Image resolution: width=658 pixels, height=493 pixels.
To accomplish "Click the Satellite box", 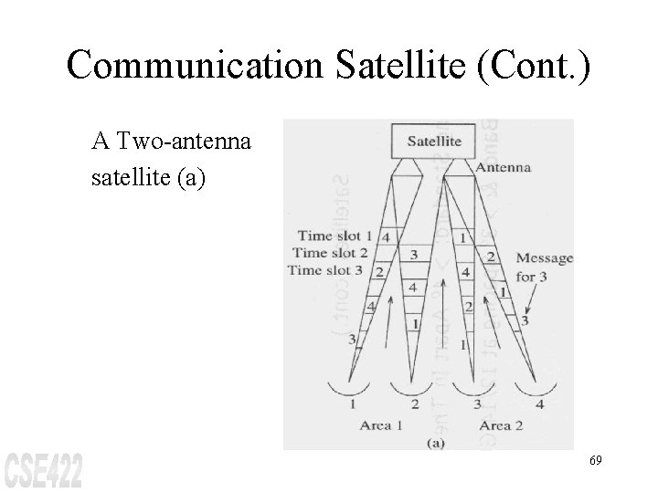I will coord(433,142).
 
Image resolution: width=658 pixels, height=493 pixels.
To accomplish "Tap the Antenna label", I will coord(503,167).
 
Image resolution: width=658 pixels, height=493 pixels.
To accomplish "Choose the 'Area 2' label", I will coord(504,425).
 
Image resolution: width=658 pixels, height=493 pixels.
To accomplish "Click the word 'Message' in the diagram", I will coord(545,258).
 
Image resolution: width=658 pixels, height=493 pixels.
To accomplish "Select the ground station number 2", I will coord(415,403).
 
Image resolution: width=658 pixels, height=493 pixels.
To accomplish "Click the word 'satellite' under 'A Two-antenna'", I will coord(127,173).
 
